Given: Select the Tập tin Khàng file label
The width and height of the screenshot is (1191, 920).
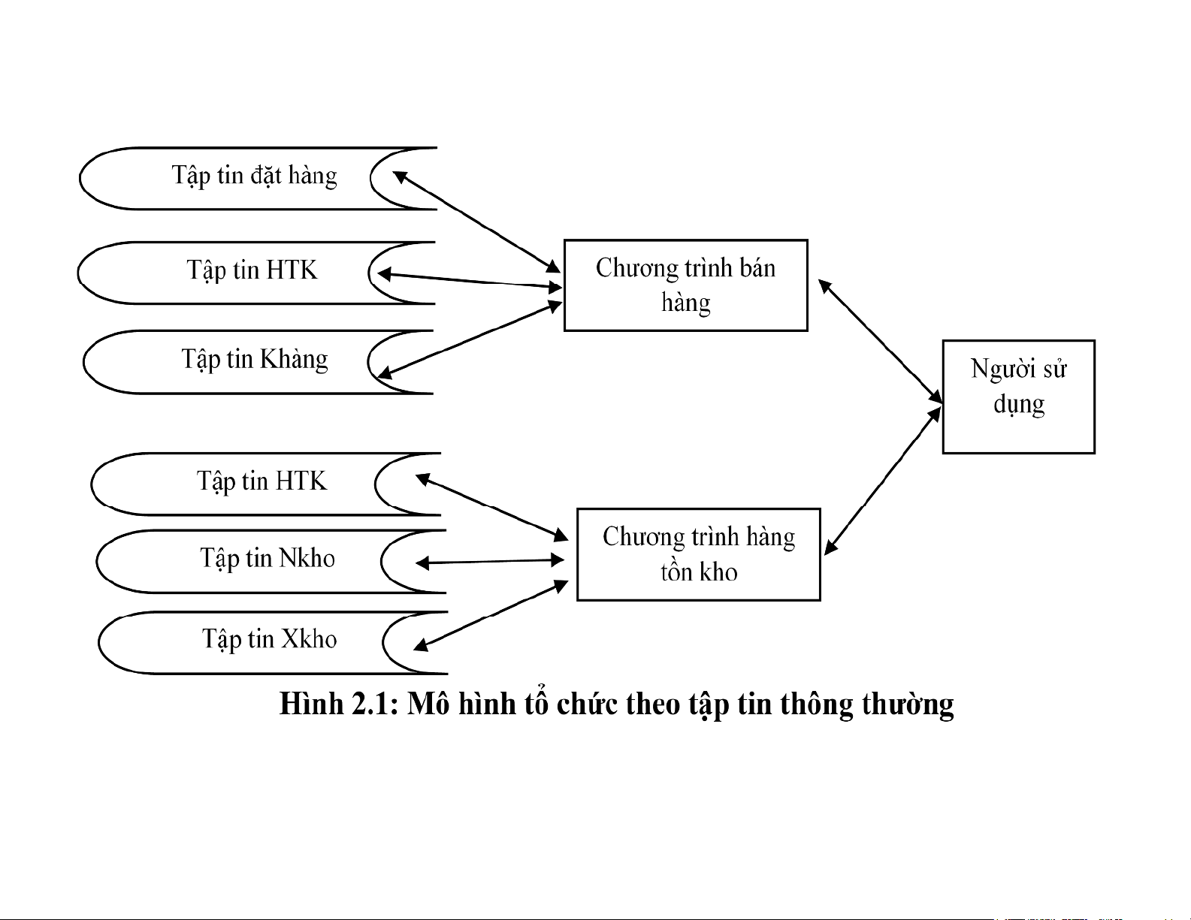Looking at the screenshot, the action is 255,360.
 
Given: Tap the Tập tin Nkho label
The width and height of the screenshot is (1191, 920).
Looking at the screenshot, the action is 268,559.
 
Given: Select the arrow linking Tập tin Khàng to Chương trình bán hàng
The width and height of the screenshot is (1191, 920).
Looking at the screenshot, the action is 470,339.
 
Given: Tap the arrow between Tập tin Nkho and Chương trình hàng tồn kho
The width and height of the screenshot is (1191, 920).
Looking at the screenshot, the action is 490,561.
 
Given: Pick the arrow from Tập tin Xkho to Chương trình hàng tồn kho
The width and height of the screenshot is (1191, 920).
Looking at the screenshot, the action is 491,616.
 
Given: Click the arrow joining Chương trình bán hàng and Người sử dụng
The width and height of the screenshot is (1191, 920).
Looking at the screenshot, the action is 880,342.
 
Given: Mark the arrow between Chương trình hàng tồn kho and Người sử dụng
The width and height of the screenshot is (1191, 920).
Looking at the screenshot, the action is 883,481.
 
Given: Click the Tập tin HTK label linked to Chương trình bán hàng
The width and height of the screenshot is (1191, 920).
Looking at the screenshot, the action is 252,270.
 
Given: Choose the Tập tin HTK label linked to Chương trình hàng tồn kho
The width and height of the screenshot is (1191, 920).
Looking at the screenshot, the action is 262,481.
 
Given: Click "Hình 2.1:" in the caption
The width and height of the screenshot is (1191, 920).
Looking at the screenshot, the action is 339,704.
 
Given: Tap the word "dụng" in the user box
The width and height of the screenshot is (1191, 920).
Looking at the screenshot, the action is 1019,405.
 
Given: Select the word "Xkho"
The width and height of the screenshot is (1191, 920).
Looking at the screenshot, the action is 309,638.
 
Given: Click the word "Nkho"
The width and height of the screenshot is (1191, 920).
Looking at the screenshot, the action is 307,558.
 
